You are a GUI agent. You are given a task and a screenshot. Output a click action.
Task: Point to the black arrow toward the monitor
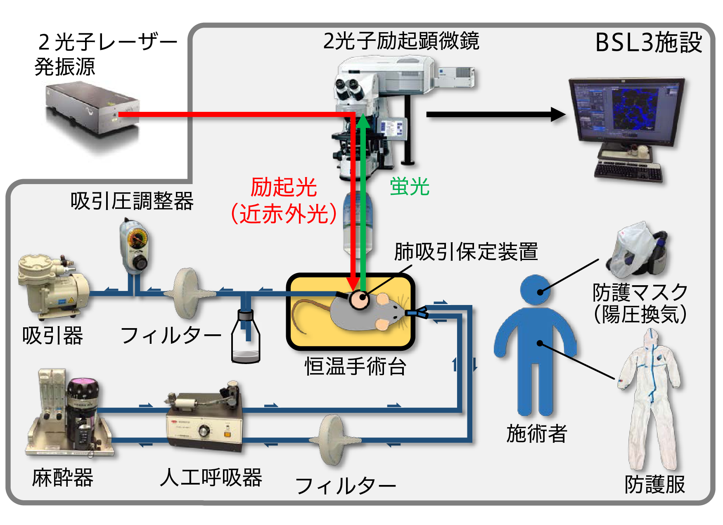[x=495, y=114]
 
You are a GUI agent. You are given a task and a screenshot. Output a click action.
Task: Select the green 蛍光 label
[x=410, y=187]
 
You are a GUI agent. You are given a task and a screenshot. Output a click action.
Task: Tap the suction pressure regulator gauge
[x=137, y=240]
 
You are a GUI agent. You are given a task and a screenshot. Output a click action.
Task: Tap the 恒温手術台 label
[x=356, y=366]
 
